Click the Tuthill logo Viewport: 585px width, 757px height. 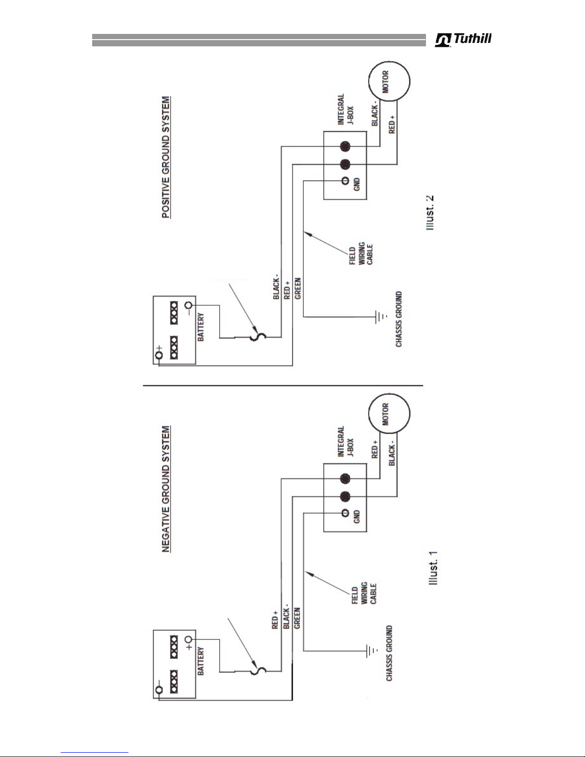[463, 40]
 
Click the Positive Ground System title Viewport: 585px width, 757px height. [166, 158]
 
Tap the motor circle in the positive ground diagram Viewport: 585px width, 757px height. [389, 81]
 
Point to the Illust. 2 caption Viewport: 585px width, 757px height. [432, 213]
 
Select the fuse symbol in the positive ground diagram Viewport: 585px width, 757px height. [258, 337]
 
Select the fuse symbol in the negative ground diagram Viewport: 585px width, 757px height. [258, 671]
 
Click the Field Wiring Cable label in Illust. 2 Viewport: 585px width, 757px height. [362, 256]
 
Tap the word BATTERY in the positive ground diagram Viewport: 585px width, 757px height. [201, 327]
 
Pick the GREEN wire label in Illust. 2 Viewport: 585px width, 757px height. [298, 288]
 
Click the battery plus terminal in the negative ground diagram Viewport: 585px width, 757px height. [189, 640]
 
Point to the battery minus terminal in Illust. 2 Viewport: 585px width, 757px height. [189, 306]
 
